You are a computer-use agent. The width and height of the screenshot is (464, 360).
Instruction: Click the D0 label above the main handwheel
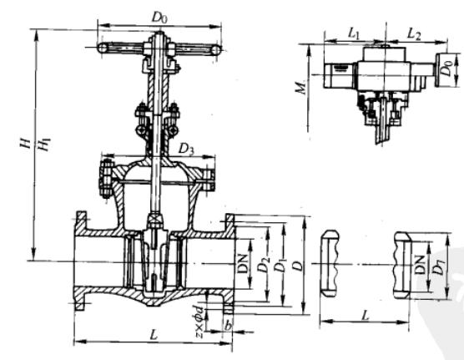click(159, 18)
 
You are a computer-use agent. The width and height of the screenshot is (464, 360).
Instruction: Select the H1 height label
click(45, 145)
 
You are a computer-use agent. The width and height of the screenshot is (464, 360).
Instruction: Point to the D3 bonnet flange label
click(186, 149)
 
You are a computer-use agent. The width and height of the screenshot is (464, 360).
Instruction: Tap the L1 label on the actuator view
click(353, 33)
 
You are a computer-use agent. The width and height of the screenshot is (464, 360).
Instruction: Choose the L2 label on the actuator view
click(414, 33)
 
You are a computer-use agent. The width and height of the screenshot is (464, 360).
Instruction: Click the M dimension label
click(301, 88)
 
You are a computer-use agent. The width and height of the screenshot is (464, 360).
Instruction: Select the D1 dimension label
click(280, 265)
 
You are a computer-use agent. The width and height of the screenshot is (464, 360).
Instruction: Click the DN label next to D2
click(243, 263)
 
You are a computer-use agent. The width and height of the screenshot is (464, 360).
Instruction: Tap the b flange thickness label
click(228, 326)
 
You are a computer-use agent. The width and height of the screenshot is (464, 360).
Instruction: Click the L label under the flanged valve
click(154, 336)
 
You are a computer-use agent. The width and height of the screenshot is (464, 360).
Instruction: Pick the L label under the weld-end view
click(366, 315)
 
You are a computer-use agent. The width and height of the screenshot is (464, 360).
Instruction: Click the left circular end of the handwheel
click(103, 48)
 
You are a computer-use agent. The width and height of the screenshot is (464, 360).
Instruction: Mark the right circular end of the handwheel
click(216, 50)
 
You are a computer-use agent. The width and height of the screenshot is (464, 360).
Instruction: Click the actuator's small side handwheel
click(441, 70)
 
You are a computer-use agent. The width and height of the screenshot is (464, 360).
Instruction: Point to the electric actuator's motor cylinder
click(339, 75)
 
